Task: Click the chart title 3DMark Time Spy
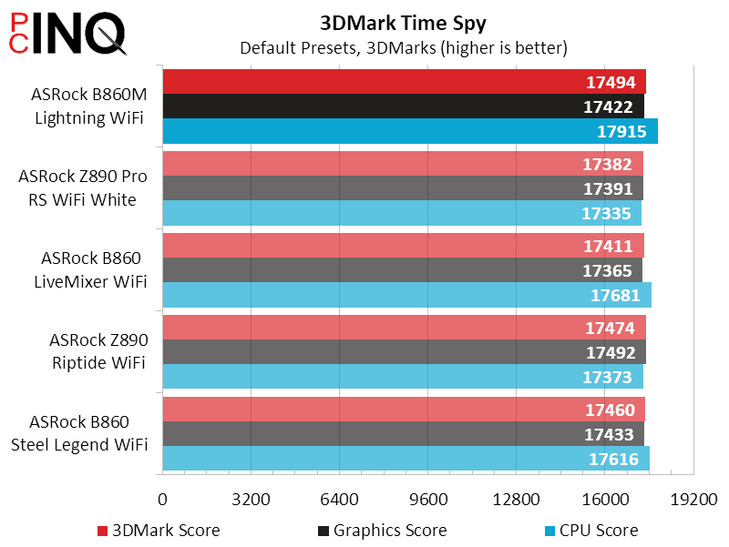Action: (403, 22)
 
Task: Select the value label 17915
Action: (622, 131)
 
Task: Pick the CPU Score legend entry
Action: (590, 530)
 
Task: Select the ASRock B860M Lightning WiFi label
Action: (87, 106)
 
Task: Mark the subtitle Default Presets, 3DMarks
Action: (403, 47)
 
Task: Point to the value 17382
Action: (606, 164)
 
